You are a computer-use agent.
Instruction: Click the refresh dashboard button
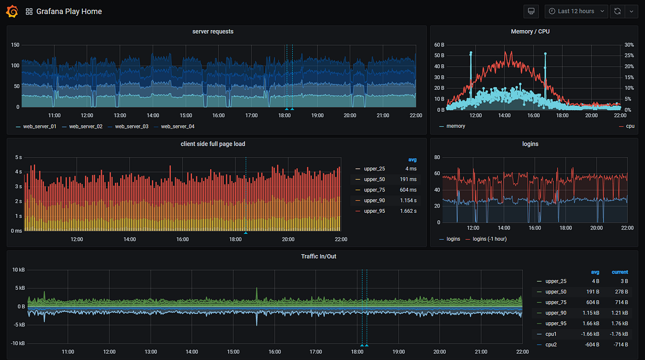(618, 11)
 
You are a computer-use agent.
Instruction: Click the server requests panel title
(213, 32)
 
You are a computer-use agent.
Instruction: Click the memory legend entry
(455, 126)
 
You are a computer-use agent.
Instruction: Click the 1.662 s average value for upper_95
(407, 211)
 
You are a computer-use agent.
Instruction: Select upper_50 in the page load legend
(375, 179)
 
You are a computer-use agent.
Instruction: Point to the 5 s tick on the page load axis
(18, 157)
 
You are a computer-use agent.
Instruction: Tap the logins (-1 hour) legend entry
(489, 239)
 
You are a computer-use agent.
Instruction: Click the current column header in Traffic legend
(619, 272)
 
